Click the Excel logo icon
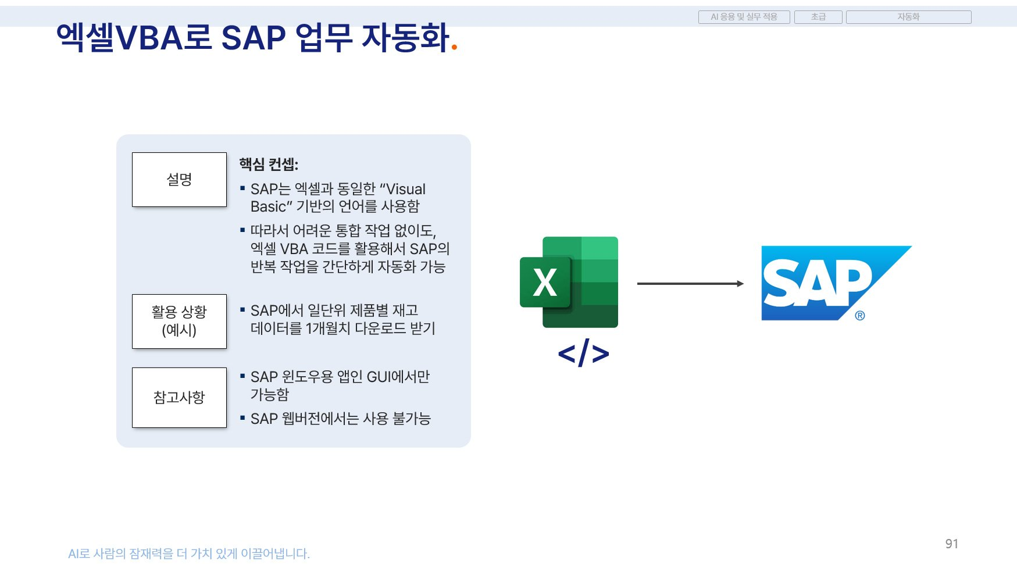click(x=568, y=282)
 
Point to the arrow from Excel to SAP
click(x=690, y=284)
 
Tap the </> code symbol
click(x=583, y=353)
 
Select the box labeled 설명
click(x=179, y=180)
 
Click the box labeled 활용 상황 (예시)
click(x=179, y=322)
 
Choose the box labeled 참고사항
click(x=179, y=398)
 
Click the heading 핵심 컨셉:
click(x=269, y=165)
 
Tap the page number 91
click(x=951, y=544)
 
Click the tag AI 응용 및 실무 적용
click(x=744, y=17)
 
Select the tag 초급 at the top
click(x=818, y=17)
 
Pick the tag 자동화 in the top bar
click(x=908, y=17)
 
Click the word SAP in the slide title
click(x=254, y=38)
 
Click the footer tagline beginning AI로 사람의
click(x=189, y=554)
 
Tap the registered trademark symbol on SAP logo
click(x=859, y=316)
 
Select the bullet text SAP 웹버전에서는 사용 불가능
click(x=340, y=419)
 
